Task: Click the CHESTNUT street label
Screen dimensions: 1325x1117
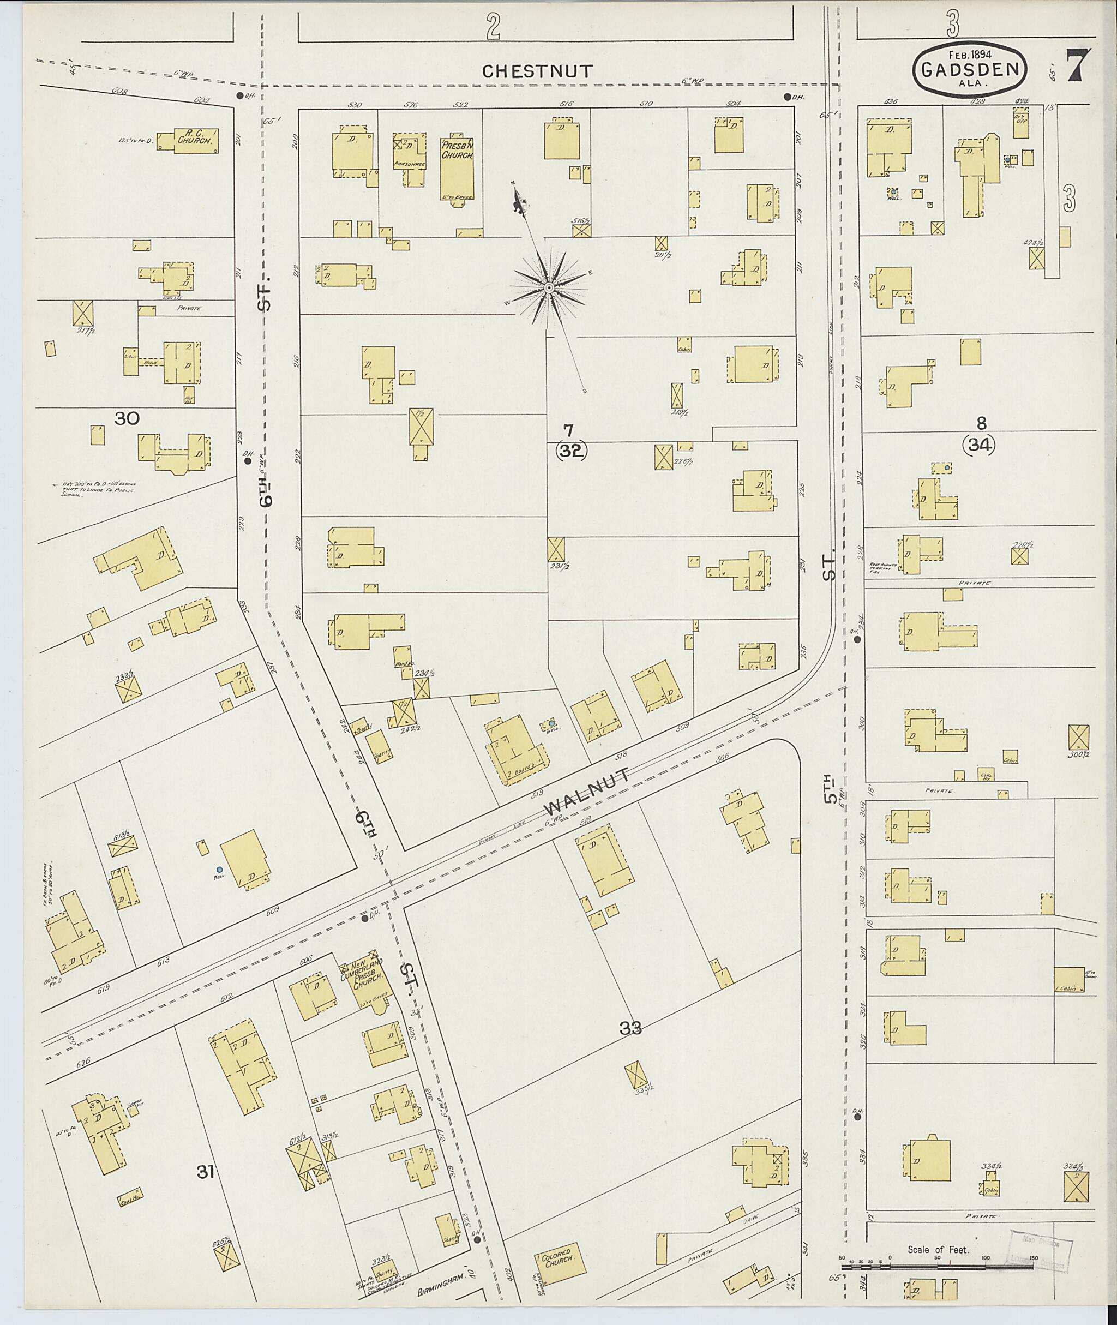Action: click(x=538, y=71)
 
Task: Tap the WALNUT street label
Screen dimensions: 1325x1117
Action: click(x=586, y=793)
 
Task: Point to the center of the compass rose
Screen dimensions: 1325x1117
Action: click(x=548, y=289)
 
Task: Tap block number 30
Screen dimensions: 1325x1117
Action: click(x=127, y=417)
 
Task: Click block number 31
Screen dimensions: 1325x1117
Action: click(x=205, y=1172)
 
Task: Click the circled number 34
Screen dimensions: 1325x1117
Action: click(x=978, y=445)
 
